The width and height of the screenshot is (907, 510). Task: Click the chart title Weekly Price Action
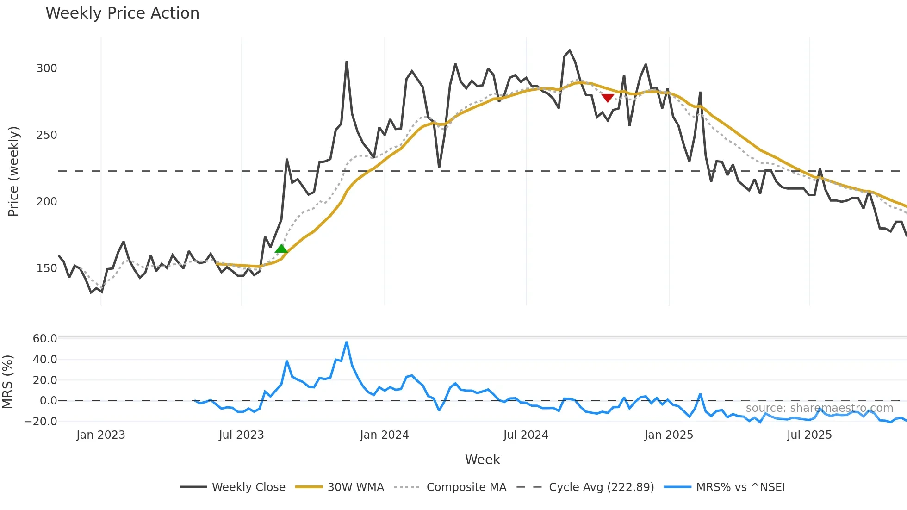[x=122, y=13]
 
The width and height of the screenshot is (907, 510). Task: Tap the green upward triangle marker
[x=281, y=249]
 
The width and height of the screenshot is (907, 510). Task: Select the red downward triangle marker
[x=608, y=98]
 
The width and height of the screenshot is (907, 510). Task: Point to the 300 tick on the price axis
[x=47, y=68]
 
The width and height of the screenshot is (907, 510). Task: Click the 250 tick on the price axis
[x=47, y=135]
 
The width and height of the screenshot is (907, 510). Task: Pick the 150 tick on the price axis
[x=47, y=268]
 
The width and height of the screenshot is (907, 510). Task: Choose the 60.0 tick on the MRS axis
[x=45, y=339]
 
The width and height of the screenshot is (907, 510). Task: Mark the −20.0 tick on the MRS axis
[x=41, y=422]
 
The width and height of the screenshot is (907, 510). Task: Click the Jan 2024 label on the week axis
[x=384, y=435]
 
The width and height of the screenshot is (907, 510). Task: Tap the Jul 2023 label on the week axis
[x=241, y=435]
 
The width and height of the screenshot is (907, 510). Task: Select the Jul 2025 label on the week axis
[x=809, y=435]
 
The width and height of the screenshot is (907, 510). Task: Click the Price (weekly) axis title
[x=14, y=171]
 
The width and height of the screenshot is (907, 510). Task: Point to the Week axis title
[x=482, y=460]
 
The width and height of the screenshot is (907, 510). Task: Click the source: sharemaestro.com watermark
[x=819, y=408]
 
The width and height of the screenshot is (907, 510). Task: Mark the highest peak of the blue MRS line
[x=347, y=342]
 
